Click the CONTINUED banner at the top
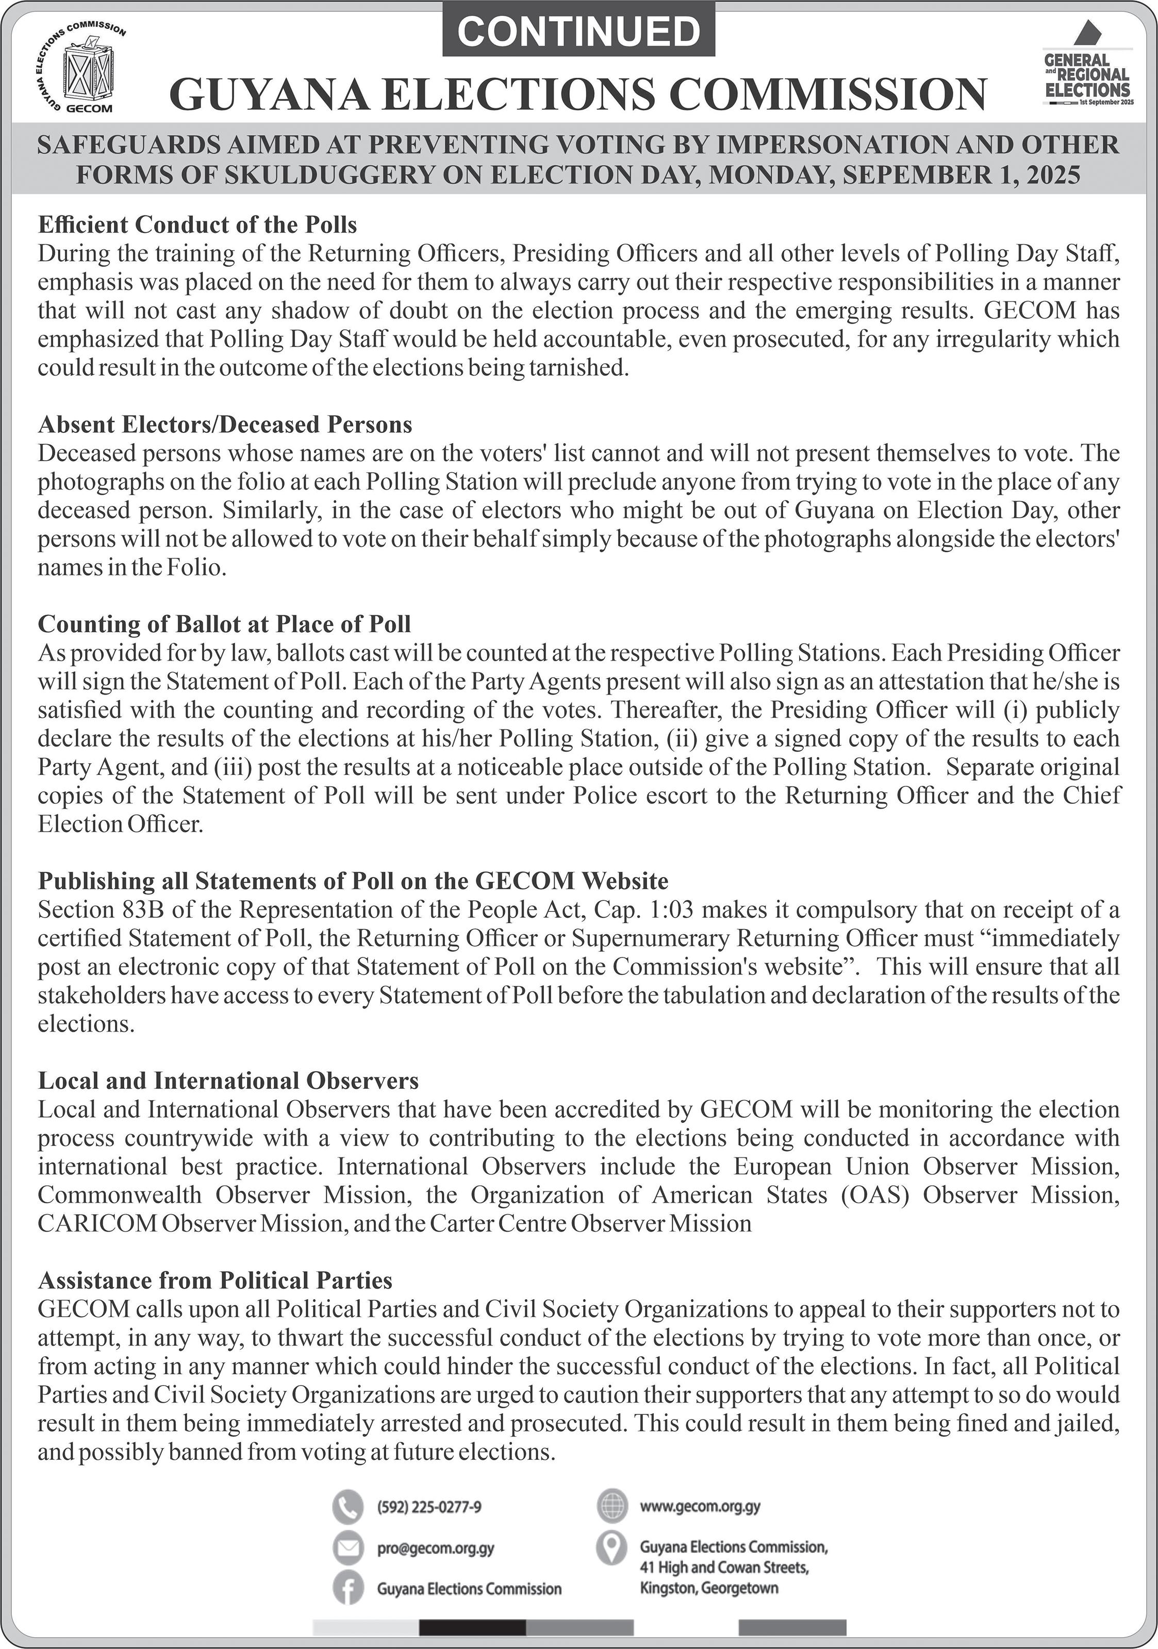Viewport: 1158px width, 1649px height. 578,30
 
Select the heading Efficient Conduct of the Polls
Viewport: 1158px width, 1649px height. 197,225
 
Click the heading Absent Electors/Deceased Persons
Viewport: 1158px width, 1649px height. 225,425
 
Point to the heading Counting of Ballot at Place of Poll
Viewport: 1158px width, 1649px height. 224,624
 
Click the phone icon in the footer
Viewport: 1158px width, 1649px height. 348,1506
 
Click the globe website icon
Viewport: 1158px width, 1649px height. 612,1505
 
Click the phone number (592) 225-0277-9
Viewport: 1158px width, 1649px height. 429,1507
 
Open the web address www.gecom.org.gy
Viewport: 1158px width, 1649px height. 700,1505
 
